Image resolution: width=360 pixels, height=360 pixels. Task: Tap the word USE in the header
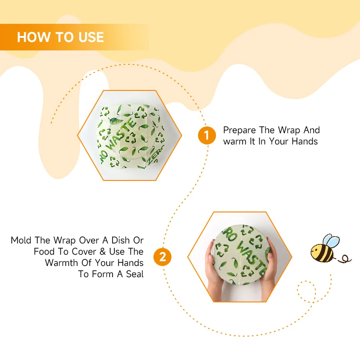[x=91, y=37]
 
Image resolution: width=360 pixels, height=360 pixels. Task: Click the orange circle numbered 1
[x=207, y=135]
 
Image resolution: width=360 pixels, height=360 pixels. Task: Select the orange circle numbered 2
[x=162, y=256]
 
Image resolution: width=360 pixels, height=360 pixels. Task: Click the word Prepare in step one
[x=239, y=130]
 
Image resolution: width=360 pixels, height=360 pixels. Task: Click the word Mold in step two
[x=21, y=240]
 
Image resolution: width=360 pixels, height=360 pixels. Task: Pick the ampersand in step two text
[x=103, y=252]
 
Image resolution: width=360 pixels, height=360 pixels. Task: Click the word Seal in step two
[x=135, y=274]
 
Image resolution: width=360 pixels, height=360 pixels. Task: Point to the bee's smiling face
[x=316, y=252]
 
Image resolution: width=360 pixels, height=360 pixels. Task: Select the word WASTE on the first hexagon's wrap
[x=121, y=134]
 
